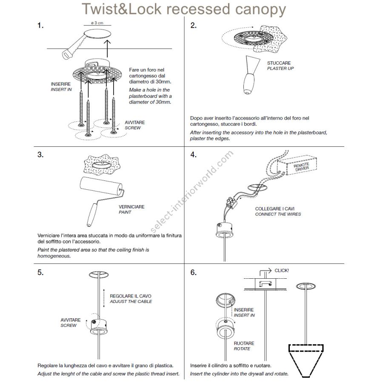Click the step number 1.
(40, 26)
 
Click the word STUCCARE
(279, 63)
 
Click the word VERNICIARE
(131, 207)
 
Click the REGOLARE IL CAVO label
(131, 296)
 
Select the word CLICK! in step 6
(282, 270)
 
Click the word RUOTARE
(244, 343)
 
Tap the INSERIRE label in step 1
(61, 84)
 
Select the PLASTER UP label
(280, 69)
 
